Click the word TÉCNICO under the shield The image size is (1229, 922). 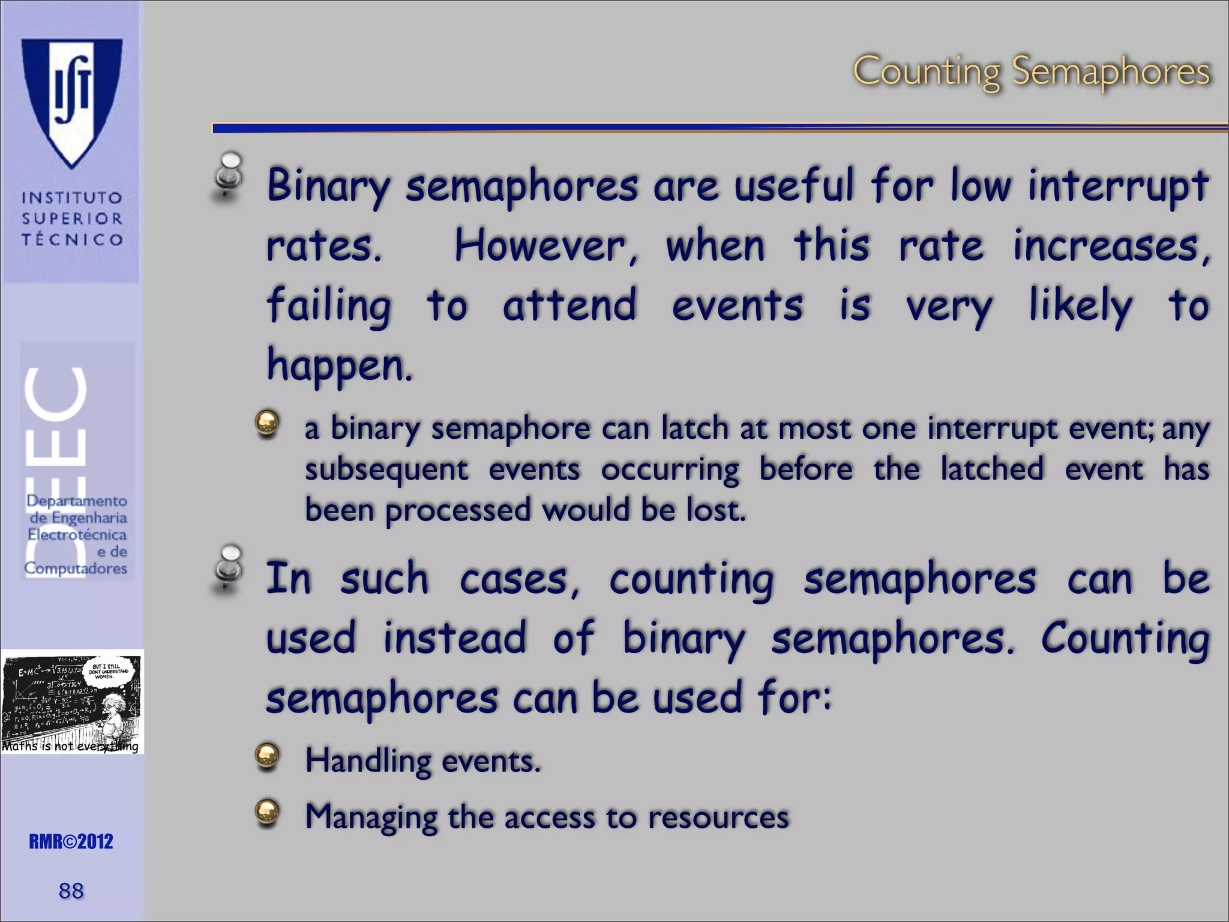[72, 240]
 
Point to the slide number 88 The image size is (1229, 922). [71, 891]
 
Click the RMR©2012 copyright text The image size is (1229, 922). [71, 842]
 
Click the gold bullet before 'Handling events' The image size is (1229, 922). [267, 756]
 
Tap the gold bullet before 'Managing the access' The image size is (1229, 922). [267, 812]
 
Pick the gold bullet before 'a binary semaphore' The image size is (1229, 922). [267, 423]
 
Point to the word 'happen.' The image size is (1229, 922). [340, 365]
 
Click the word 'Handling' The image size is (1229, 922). [368, 761]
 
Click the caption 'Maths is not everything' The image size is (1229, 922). [70, 746]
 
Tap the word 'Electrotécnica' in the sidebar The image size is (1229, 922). [77, 534]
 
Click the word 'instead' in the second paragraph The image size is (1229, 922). [454, 637]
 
